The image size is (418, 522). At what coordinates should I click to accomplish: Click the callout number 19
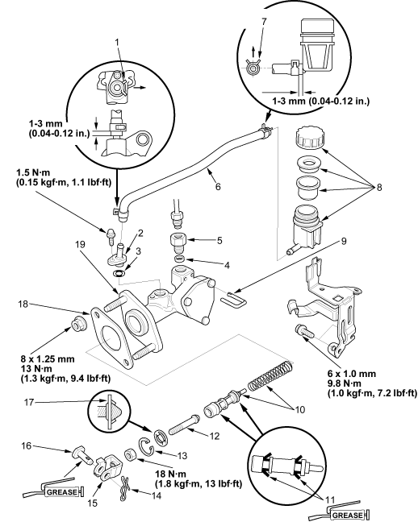tap(80, 244)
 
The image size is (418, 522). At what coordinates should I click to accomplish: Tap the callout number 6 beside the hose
tap(218, 186)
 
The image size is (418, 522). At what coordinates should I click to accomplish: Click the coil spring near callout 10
tap(270, 375)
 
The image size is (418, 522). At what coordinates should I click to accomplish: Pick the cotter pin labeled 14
tap(123, 487)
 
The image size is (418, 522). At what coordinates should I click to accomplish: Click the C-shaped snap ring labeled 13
tap(146, 445)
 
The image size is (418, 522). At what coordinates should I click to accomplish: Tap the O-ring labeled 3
tap(119, 274)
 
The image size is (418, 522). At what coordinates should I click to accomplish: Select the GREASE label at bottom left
tap(62, 491)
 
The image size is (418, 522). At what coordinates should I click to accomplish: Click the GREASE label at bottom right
tap(348, 515)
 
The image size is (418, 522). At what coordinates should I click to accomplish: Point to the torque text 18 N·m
tap(171, 474)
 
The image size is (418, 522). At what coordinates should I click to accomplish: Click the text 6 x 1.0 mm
tap(352, 374)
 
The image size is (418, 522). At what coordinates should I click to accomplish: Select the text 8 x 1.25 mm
tap(48, 359)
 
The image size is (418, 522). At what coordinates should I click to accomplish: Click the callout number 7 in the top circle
tap(264, 21)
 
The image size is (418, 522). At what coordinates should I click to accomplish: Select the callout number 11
tap(330, 499)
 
